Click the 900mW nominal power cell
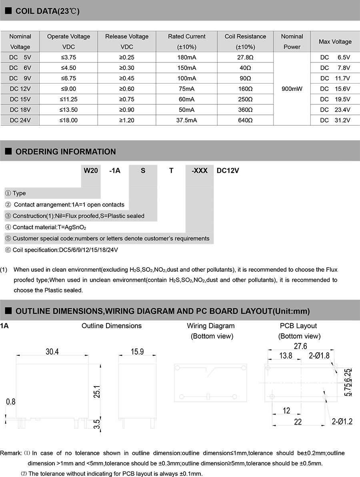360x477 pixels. [292, 89]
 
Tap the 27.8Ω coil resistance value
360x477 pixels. [245, 57]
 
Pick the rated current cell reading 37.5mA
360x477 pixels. [186, 120]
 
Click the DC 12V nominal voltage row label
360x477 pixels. [20, 89]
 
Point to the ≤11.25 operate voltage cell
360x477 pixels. [69, 99]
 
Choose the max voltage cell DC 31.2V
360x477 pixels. [335, 120]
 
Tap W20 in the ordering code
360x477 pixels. [90, 170]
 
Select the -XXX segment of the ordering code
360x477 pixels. [200, 170]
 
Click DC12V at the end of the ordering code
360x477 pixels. [228, 170]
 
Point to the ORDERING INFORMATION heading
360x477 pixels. [65, 152]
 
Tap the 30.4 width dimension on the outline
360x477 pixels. [52, 352]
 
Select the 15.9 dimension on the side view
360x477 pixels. [137, 352]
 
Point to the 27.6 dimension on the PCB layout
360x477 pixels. [300, 347]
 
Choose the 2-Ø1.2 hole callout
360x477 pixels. [342, 421]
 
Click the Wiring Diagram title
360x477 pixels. [211, 326]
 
